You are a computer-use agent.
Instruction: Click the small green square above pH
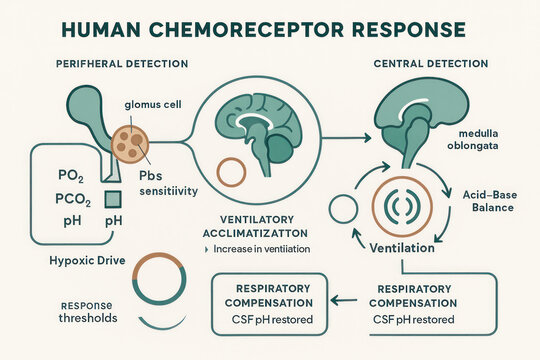click(113, 198)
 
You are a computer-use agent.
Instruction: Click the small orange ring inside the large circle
click(230, 171)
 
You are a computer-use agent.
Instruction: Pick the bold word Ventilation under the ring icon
click(402, 247)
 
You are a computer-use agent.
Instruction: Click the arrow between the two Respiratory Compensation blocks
click(344, 298)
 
